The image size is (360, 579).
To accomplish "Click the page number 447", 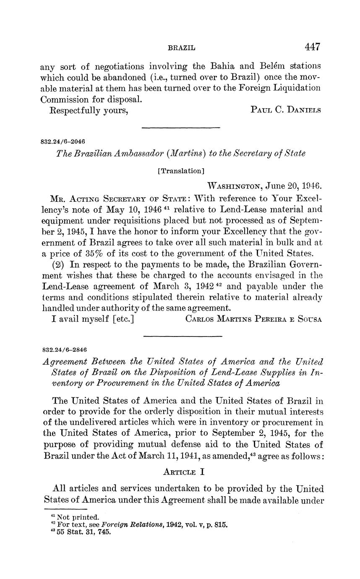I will point(313,47).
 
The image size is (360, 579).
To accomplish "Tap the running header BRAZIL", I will point(181,48).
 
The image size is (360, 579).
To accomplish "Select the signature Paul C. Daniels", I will point(286,110).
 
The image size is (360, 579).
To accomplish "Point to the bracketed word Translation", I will point(181,171).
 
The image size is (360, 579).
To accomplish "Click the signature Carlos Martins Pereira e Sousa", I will point(253,319).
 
